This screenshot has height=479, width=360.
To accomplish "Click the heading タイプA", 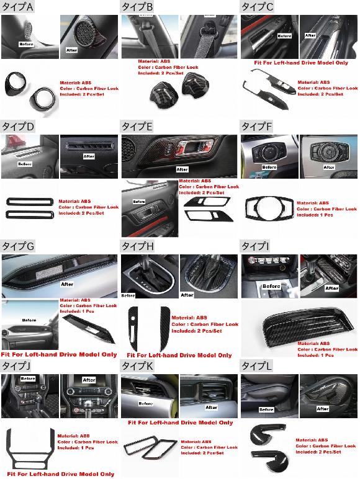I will click(18, 7).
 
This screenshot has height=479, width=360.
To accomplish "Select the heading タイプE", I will click(137, 126).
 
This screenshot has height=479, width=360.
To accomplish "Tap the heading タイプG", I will click(19, 246).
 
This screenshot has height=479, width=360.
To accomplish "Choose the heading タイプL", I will click(256, 366).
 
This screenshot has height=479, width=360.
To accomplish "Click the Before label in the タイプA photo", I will click(26, 45).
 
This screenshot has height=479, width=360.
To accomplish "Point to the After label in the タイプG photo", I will click(67, 284).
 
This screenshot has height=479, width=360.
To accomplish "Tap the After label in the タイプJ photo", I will click(89, 380).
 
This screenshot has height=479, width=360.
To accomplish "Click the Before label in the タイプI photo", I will click(271, 285).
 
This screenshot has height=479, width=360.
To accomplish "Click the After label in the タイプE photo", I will click(182, 169).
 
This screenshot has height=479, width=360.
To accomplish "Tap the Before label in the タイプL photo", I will click(266, 410).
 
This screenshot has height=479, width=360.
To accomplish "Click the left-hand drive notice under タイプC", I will click(292, 63).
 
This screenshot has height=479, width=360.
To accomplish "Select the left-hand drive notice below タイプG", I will click(58, 354).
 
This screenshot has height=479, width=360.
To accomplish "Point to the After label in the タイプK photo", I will click(212, 408).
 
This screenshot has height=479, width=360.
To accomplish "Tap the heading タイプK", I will click(137, 366).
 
